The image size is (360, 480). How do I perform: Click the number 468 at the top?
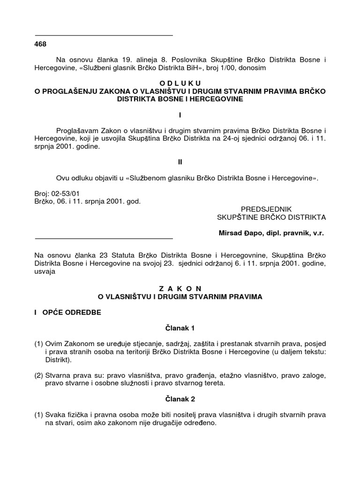[x=41, y=44]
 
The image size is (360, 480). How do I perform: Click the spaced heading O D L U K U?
[x=180, y=83]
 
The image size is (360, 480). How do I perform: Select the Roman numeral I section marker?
[x=180, y=115]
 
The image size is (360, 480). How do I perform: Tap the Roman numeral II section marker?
[x=180, y=162]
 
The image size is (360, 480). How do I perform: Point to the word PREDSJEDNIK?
[x=266, y=209]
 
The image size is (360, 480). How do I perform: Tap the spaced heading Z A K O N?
[x=180, y=288]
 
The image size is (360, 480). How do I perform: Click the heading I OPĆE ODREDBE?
[x=67, y=313]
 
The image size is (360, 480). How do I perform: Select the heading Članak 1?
[x=180, y=329]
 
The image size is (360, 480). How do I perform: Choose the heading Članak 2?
[x=180, y=400]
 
